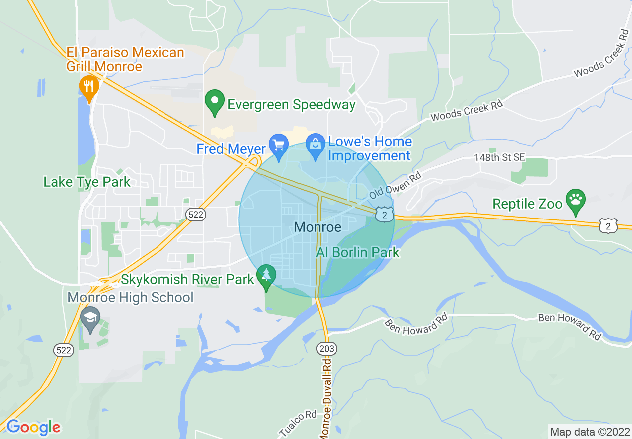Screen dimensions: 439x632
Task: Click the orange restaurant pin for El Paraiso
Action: click(89, 87)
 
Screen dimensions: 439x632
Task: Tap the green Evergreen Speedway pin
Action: click(215, 102)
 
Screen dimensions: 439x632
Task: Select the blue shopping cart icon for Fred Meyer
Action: click(278, 145)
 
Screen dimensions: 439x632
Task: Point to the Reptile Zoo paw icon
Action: click(576, 200)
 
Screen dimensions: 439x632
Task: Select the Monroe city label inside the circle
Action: click(317, 227)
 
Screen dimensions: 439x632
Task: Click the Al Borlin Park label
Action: click(358, 252)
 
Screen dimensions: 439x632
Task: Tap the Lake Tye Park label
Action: click(87, 182)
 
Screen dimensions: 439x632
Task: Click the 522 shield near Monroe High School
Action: click(64, 350)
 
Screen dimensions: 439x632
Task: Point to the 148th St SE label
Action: click(499, 157)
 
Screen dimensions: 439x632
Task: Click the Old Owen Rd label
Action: click(395, 185)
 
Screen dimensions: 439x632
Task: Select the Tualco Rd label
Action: click(298, 423)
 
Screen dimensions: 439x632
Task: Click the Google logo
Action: click(33, 427)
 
